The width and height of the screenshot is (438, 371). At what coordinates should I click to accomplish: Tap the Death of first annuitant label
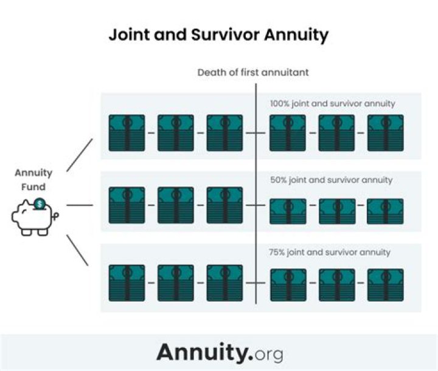(252, 72)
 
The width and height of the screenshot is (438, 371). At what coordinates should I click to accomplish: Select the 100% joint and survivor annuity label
(332, 104)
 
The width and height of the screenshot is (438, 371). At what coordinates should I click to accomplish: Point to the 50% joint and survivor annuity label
(331, 180)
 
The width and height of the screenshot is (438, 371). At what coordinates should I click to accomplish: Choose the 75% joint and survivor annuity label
(329, 252)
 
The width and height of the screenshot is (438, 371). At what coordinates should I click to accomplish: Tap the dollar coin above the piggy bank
(40, 204)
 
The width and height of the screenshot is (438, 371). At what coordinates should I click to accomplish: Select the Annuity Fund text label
(33, 180)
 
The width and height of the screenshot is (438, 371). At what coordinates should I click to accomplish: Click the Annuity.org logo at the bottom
(220, 352)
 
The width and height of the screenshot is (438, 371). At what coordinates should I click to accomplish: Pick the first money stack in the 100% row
(127, 133)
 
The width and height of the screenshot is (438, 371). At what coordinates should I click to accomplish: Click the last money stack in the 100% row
(385, 133)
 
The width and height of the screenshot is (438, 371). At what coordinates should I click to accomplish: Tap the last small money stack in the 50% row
(385, 211)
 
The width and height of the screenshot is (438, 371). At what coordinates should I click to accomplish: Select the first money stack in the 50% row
(127, 205)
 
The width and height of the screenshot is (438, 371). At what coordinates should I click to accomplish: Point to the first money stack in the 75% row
(127, 283)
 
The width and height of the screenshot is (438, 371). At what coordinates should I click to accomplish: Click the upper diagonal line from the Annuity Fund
(79, 154)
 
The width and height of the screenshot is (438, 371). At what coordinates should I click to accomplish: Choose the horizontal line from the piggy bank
(79, 205)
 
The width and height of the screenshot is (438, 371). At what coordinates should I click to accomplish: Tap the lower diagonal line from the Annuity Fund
(78, 250)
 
